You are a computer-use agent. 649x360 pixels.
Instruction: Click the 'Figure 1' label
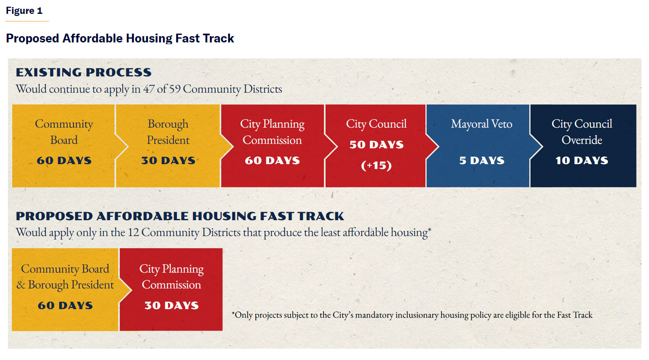24,11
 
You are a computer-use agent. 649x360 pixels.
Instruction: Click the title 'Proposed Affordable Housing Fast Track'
120,38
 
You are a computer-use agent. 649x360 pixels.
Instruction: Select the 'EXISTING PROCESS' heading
84,72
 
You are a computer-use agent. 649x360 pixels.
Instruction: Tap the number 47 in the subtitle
149,89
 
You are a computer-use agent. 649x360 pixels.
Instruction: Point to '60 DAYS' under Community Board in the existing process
64,160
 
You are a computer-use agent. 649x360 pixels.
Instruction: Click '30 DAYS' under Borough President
168,160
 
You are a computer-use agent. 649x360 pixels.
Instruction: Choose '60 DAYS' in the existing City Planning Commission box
272,160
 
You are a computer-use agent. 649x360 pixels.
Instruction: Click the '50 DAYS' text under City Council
376,145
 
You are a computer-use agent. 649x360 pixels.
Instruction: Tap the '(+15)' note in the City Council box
376,165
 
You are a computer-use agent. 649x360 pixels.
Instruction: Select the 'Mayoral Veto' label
481,124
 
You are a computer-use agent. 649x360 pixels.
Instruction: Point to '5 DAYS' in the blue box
482,160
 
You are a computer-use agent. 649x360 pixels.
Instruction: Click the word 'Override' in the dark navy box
582,140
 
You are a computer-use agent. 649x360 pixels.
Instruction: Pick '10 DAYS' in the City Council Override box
582,160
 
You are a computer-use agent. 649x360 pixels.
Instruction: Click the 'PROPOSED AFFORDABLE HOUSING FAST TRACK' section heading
180,216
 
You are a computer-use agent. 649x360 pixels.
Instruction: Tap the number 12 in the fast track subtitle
133,232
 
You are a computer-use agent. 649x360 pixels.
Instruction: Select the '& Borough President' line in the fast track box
65,285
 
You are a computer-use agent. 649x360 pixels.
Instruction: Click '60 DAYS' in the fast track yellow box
65,305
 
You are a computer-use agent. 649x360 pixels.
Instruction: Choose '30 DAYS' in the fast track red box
172,305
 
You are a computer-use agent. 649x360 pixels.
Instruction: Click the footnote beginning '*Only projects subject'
412,315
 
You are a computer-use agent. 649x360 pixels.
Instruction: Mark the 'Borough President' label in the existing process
168,132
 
